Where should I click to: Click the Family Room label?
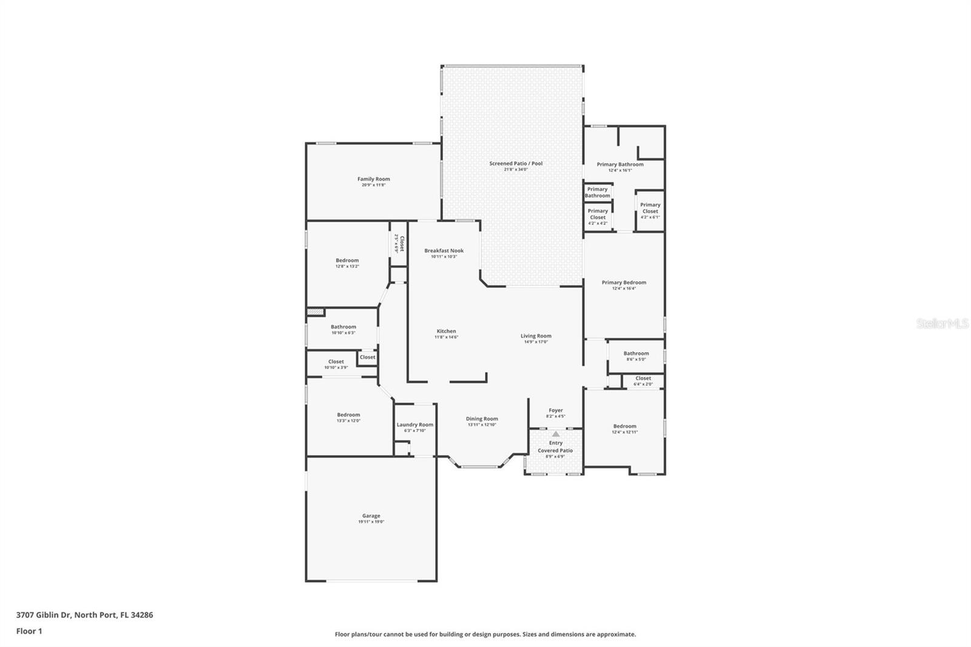pos(373,179)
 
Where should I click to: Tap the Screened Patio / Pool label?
pos(516,163)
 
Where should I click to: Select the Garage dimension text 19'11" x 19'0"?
pos(371,522)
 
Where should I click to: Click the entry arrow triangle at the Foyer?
pos(555,434)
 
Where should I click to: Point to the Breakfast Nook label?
pos(444,251)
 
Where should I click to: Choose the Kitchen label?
pos(446,331)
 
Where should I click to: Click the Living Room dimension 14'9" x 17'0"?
pos(536,342)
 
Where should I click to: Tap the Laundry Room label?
pos(415,425)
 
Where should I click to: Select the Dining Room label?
pos(482,419)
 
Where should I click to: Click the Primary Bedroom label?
pos(624,282)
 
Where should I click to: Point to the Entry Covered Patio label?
pos(555,447)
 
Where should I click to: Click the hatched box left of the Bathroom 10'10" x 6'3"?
pos(315,313)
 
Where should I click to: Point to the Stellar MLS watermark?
pos(942,324)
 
